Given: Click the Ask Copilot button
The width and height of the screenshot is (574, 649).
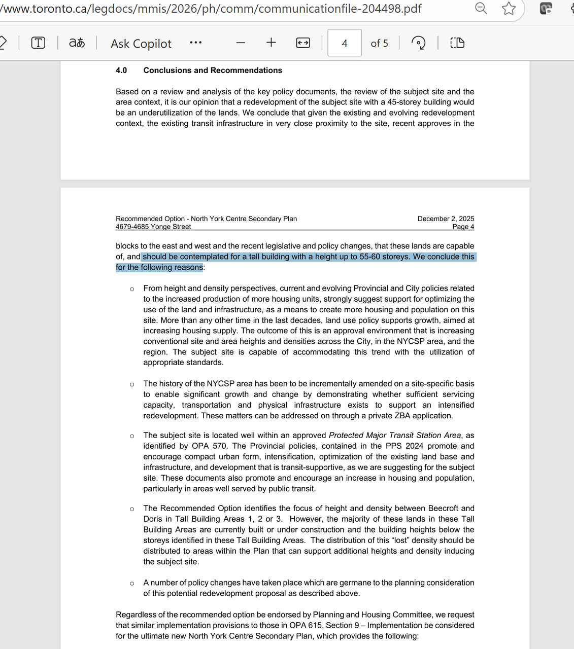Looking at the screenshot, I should tap(141, 44).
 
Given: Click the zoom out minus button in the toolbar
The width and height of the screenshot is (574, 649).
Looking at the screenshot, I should tap(241, 43).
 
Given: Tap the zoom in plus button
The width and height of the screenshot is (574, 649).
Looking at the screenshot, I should tap(271, 43).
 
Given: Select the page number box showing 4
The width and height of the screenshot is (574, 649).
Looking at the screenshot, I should tap(345, 43).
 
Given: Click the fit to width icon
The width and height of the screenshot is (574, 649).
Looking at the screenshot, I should tap(303, 43).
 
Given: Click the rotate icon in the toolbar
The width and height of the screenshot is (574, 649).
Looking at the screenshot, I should tap(418, 43).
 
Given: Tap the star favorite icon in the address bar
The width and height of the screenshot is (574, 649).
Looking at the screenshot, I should tap(509, 9).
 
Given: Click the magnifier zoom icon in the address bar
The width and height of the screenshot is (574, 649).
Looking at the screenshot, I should tap(481, 8).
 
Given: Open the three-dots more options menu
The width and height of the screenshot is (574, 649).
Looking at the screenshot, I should tap(195, 43).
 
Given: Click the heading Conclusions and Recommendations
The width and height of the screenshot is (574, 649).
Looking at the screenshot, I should tap(213, 70).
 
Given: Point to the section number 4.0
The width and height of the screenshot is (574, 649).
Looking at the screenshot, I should tap(121, 70).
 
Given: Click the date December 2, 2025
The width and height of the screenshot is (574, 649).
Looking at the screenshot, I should tap(446, 219).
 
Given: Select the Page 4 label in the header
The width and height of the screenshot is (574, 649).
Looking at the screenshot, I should tap(463, 227).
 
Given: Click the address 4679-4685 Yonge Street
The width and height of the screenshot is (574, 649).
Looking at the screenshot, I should tap(153, 227).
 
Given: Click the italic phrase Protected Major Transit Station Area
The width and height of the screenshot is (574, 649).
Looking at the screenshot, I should tap(395, 435).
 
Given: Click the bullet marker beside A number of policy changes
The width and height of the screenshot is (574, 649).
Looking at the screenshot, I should tap(132, 583).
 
